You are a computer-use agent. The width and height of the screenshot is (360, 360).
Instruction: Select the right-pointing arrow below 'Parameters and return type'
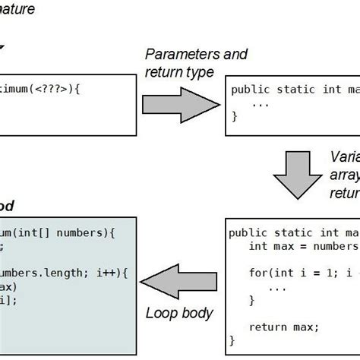point(180,101)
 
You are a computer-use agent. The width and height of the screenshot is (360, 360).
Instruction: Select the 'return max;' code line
point(285,327)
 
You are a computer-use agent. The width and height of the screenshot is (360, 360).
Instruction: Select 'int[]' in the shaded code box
point(42,232)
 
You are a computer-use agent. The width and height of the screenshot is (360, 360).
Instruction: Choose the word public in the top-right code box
point(250,90)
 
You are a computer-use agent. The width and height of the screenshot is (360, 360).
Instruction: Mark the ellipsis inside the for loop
point(277,286)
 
